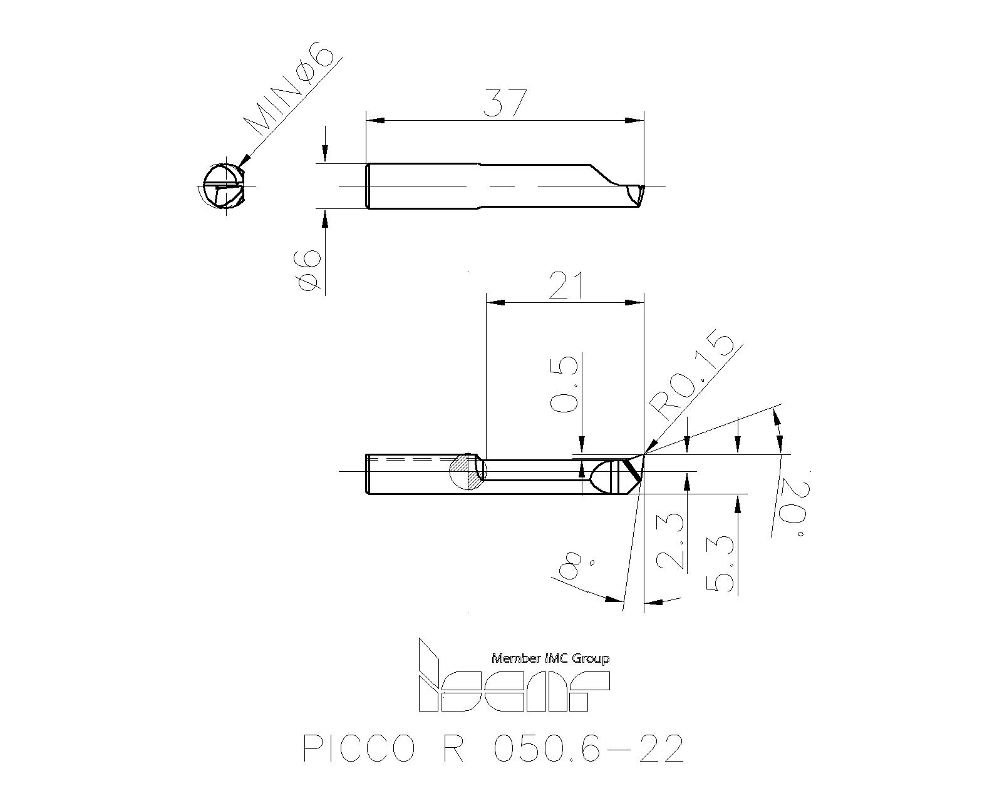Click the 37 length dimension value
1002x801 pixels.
pos(505,103)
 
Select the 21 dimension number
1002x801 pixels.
pos(566,286)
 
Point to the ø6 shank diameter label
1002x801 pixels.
pos(309,270)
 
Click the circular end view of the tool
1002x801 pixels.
pos(223,186)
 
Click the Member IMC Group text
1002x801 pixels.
pos(550,658)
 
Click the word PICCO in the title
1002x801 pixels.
pos(358,748)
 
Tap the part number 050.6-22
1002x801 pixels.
pos(587,748)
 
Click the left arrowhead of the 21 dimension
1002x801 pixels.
pos(495,303)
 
